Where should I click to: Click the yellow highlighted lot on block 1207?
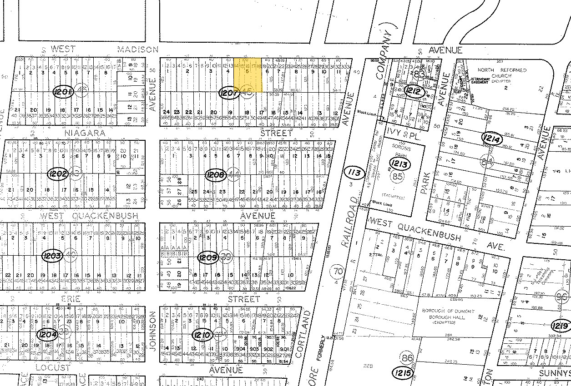click(x=248, y=75)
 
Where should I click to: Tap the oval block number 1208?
click(x=216, y=174)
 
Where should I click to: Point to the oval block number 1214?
click(x=491, y=138)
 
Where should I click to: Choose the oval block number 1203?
click(x=51, y=256)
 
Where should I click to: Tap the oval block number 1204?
click(x=48, y=335)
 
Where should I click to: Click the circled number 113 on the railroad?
click(x=355, y=173)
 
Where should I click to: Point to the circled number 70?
click(x=337, y=270)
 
